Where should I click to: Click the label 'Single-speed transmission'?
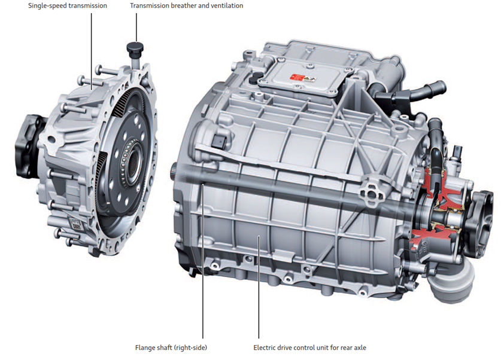(x=68, y=6)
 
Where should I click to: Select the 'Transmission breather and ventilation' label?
(x=186, y=6)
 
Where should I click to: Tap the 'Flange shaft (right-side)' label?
(x=171, y=347)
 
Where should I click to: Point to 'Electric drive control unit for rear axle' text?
(x=309, y=347)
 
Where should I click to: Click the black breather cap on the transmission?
(x=135, y=48)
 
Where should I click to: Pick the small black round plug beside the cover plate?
(x=256, y=77)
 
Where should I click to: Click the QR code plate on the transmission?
(x=75, y=223)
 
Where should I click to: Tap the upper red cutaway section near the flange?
(x=437, y=189)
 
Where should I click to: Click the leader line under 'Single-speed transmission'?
(x=92, y=51)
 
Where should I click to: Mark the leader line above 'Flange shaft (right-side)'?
(x=202, y=261)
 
